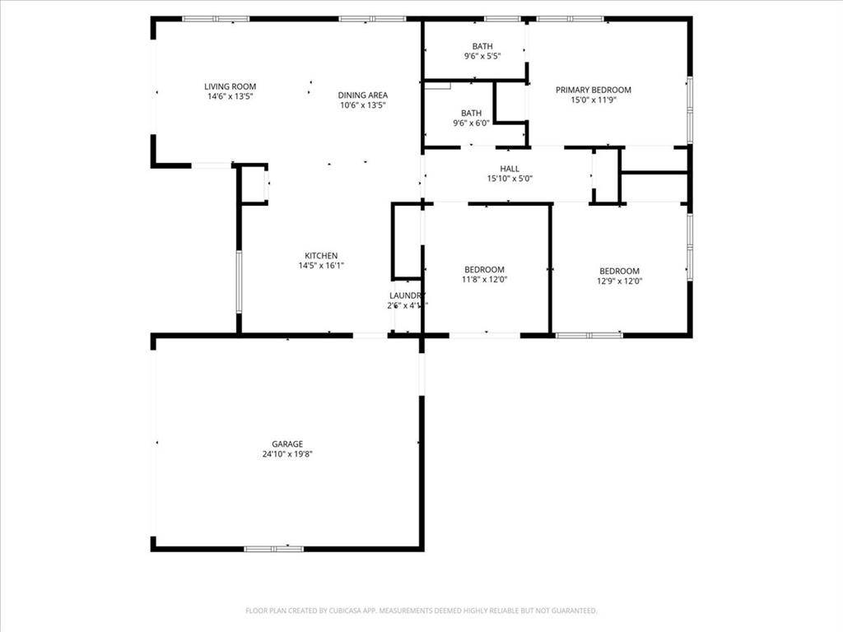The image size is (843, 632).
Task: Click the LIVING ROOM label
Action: point(231,86)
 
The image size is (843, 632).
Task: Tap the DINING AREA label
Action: point(363,95)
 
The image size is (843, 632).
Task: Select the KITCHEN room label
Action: point(320,256)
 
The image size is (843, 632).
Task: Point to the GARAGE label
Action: point(287,444)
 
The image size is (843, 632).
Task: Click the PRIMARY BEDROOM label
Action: point(593,90)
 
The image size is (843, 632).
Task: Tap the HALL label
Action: point(510,169)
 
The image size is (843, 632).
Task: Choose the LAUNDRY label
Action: point(407,295)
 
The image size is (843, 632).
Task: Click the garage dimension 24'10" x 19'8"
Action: point(287,453)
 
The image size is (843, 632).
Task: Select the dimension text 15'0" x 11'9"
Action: point(593,100)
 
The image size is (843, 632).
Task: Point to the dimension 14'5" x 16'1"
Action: point(320,266)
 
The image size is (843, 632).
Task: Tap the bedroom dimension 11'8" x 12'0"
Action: point(485,280)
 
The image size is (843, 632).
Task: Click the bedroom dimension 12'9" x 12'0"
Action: point(619,281)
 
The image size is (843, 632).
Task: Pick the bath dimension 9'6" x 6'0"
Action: point(471,123)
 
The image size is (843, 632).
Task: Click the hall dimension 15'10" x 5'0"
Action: point(510,179)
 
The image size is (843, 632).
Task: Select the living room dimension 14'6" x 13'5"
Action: point(231,96)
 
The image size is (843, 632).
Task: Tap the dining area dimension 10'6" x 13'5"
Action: point(363,105)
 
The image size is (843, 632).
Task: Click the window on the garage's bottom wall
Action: point(273,548)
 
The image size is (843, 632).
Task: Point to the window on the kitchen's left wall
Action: point(239,281)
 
